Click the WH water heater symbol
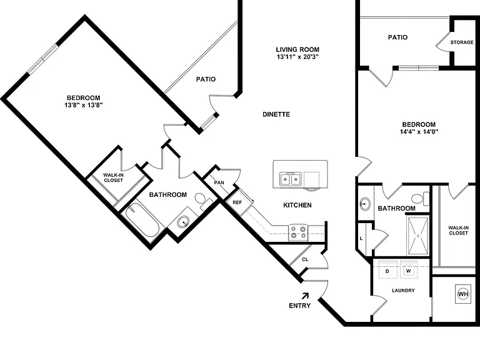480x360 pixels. [x=463, y=294]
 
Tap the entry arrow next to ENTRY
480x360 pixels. [x=305, y=296]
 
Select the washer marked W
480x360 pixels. [x=408, y=270]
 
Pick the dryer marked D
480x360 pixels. [x=387, y=270]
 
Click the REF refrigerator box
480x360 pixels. [x=237, y=202]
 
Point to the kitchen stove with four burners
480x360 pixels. [x=298, y=232]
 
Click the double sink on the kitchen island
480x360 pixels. [x=290, y=179]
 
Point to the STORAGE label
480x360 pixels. [x=462, y=42]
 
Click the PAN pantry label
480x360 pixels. [x=219, y=182]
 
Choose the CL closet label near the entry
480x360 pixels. [x=305, y=259]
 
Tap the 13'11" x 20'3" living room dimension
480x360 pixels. [x=298, y=57]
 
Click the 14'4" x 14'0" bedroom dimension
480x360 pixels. [x=419, y=132]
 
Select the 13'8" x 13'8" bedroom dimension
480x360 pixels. [x=83, y=105]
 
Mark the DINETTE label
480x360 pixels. [x=276, y=114]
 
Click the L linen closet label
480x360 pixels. [x=361, y=239]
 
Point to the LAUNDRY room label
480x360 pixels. [x=403, y=291]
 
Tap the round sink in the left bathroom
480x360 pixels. [x=184, y=221]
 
